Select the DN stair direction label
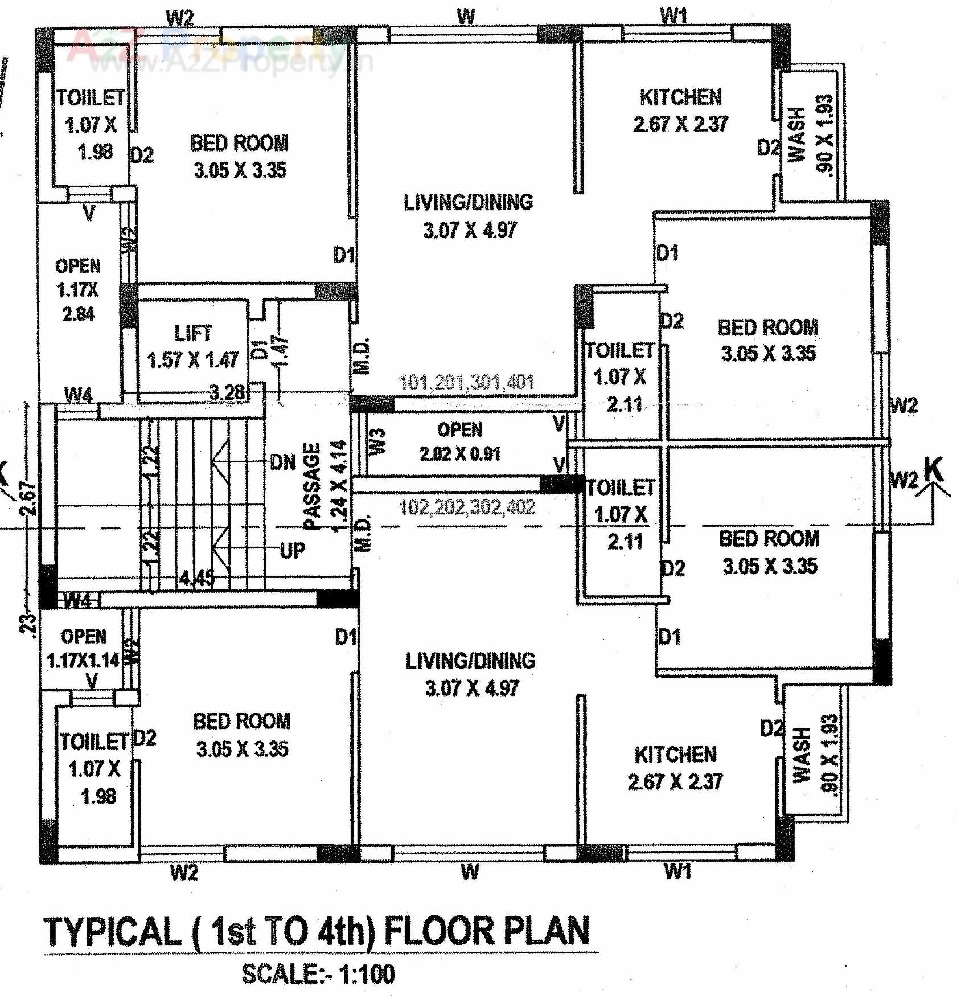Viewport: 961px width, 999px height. click(283, 462)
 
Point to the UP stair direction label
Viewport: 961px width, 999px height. click(293, 551)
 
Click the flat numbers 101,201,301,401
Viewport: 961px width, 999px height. click(466, 382)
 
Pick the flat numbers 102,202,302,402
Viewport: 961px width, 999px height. click(467, 506)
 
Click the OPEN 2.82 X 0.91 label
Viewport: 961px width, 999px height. click(459, 441)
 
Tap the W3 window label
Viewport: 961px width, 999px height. click(378, 441)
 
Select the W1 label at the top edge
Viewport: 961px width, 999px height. click(673, 16)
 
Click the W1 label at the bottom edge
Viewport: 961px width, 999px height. click(677, 871)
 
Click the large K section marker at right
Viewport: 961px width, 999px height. click(934, 470)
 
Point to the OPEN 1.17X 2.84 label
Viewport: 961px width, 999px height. click(78, 289)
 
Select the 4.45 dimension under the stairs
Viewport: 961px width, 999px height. click(197, 578)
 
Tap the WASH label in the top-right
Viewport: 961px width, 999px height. click(798, 134)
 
